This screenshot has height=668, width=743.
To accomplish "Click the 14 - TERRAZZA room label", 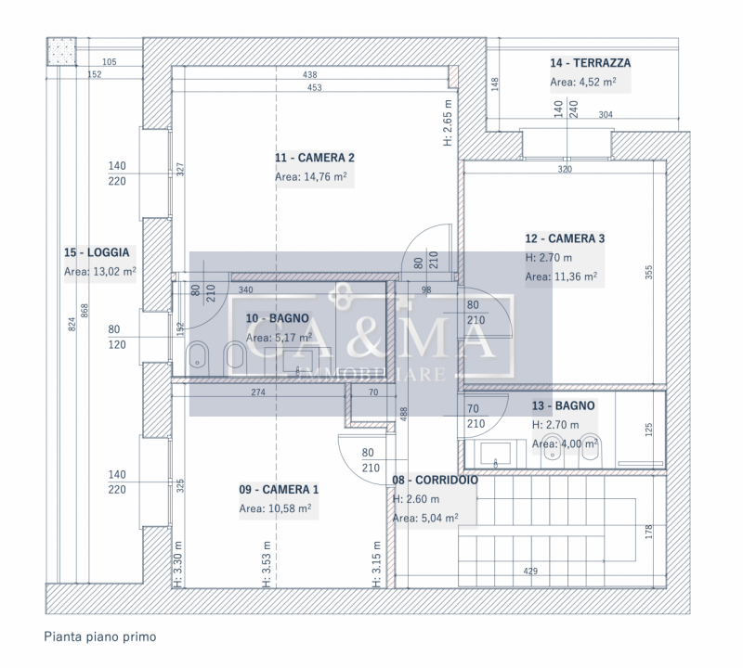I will (x=590, y=63).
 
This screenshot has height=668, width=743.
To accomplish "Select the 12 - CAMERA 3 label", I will (x=565, y=238).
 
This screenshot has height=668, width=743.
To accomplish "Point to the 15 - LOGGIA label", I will (x=97, y=251).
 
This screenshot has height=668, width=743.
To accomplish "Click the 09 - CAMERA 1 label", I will (x=279, y=490).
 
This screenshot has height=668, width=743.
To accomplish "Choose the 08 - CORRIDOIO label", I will (x=435, y=481).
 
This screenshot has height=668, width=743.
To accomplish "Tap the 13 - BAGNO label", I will (x=563, y=405).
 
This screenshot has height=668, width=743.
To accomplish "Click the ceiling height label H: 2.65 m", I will (x=447, y=122).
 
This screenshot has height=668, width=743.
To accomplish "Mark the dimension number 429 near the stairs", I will (x=530, y=572).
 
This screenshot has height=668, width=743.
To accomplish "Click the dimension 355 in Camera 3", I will (x=649, y=273).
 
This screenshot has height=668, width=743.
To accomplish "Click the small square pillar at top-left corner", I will (x=62, y=50).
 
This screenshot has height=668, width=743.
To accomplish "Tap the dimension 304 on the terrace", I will (x=605, y=115).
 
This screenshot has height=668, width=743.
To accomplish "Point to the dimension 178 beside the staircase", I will (x=649, y=532).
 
